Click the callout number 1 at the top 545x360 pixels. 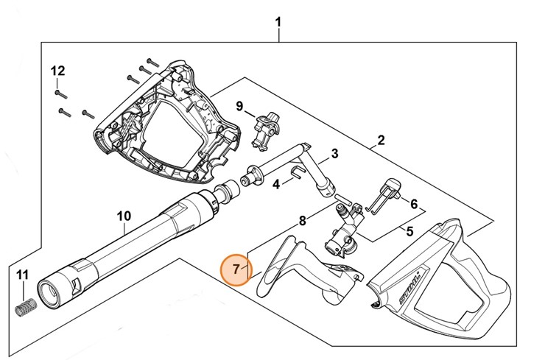(x=278, y=22)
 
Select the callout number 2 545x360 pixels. (x=381, y=140)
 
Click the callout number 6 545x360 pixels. (x=414, y=204)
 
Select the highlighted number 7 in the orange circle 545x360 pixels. (x=236, y=269)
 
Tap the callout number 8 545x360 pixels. (x=301, y=220)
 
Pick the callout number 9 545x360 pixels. (x=239, y=107)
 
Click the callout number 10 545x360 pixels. (x=124, y=216)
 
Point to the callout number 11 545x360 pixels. (x=23, y=275)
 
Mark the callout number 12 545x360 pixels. (x=57, y=71)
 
